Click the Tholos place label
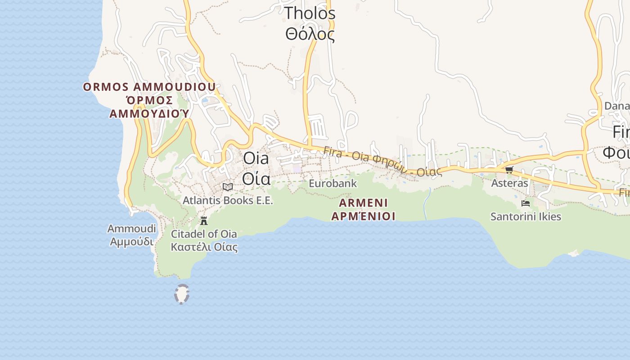tap(310, 13)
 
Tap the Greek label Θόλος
tap(310, 34)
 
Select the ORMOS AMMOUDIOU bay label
tap(149, 87)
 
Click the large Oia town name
tap(256, 158)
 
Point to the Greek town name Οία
tap(256, 178)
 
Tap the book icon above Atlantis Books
tap(228, 186)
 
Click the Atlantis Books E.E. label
tap(228, 200)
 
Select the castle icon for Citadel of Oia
tap(204, 220)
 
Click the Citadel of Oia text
tap(204, 234)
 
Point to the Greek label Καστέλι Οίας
tap(204, 247)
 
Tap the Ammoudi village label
tap(131, 229)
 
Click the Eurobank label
tap(333, 184)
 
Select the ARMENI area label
tap(364, 202)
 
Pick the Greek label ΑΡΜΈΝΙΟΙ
tap(364, 216)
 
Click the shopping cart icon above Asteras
tap(509, 170)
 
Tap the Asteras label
tap(509, 183)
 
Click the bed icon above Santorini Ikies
tap(525, 203)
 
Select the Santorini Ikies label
tap(526, 217)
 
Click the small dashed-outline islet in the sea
tap(181, 294)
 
